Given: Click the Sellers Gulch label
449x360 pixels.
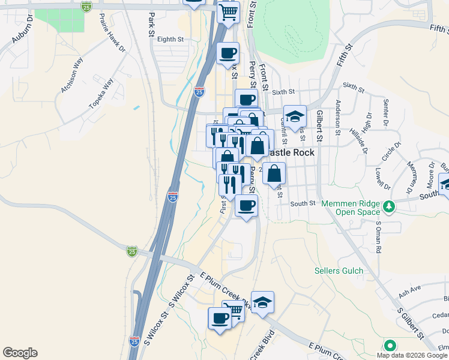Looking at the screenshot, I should [339, 271].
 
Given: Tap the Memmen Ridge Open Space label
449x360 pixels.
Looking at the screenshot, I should [351, 208].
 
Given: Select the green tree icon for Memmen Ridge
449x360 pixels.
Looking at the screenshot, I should [390, 206].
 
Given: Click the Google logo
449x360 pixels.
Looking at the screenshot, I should [20, 353].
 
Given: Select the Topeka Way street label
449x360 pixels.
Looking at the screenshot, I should [101, 93].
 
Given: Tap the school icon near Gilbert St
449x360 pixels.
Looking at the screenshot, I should [295, 116].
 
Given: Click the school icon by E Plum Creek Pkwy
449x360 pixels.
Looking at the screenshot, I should [262, 302].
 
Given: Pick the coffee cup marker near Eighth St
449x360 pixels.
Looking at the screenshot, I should [228, 53].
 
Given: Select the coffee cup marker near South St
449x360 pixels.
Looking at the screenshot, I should [246, 206].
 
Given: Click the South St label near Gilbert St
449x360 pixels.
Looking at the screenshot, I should [303, 204].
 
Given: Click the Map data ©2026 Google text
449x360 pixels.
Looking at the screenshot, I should [412, 355].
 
